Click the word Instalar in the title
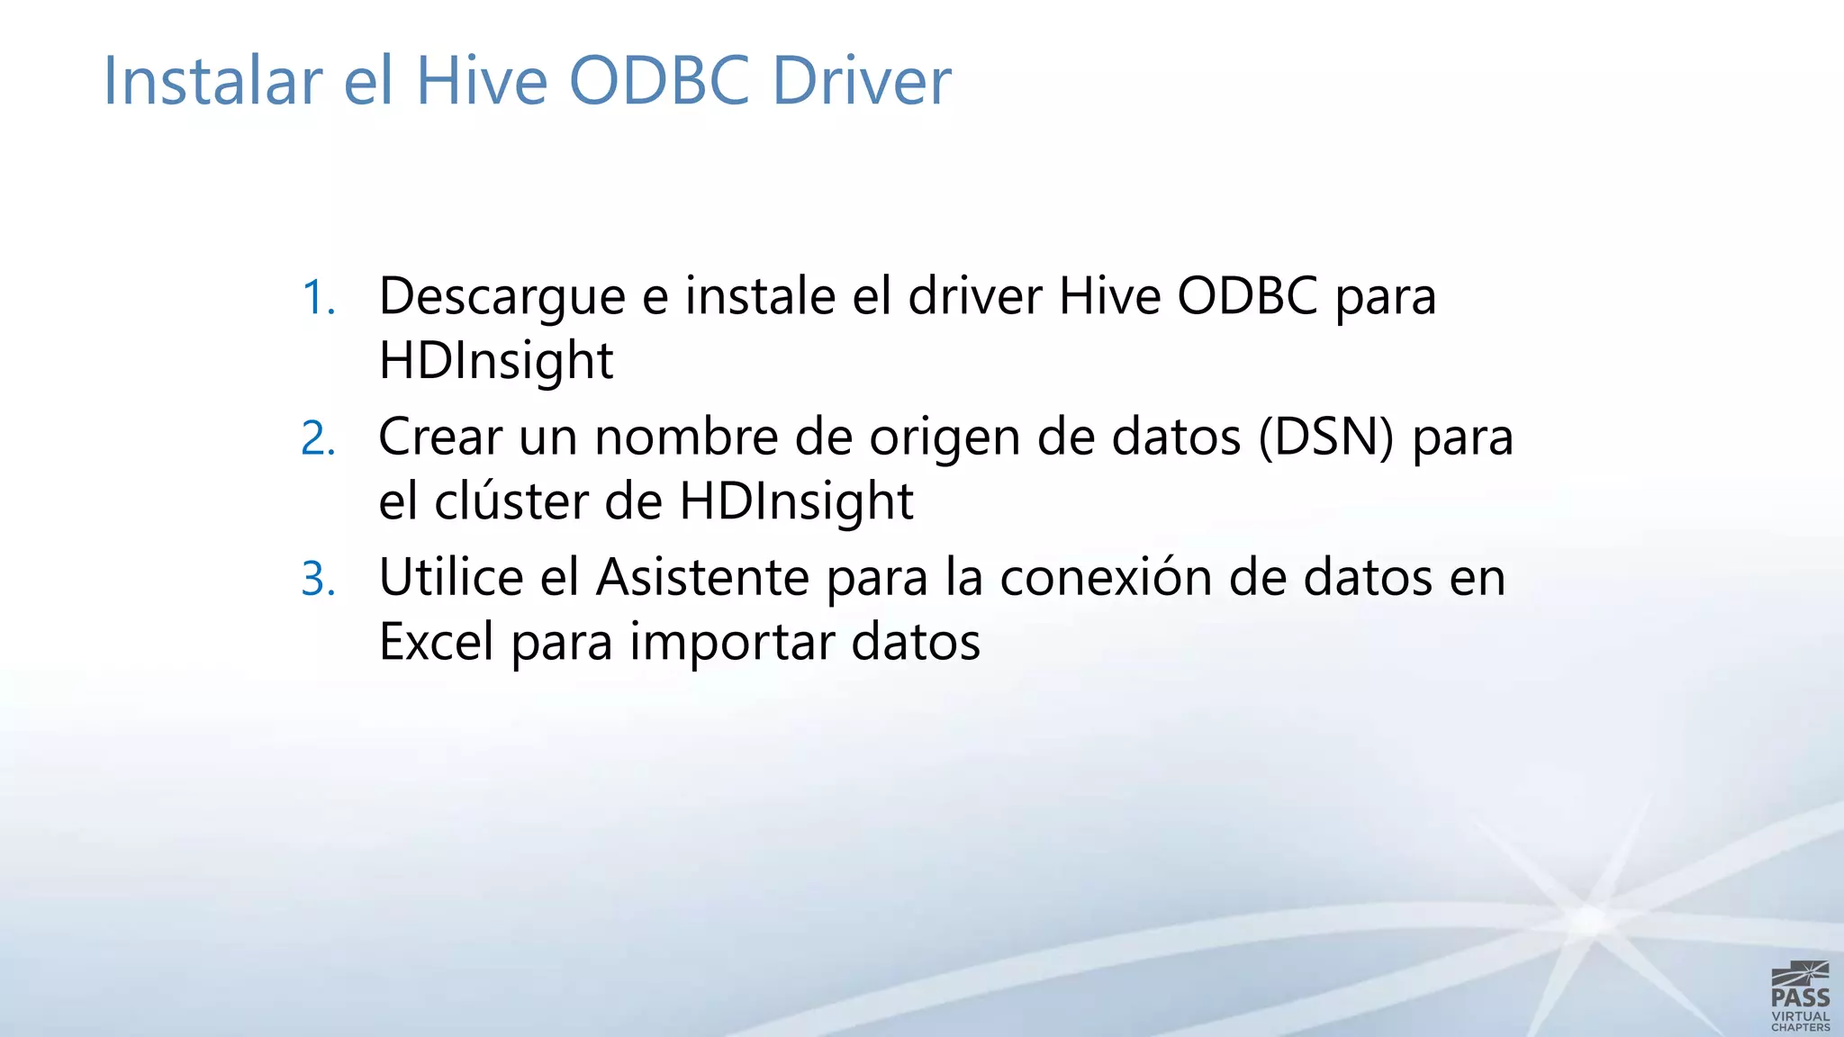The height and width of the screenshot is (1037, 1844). click(x=212, y=81)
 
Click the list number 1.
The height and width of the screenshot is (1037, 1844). click(x=318, y=298)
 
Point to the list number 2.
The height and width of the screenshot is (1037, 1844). click(x=318, y=439)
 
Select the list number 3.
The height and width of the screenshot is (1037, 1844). click(x=318, y=579)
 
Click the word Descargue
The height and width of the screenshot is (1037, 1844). click(x=502, y=297)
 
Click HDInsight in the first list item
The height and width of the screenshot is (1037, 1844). click(x=495, y=362)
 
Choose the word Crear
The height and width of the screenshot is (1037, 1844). click(x=439, y=437)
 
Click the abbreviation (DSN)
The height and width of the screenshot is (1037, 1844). click(x=1325, y=437)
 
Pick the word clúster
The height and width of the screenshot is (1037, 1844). click(x=511, y=501)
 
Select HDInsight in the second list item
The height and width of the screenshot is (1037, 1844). click(x=796, y=502)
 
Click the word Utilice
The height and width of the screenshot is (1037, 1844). click(x=450, y=577)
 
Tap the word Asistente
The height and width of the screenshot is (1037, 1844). click(x=702, y=577)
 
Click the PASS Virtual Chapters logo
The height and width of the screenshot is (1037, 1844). click(x=1800, y=996)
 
